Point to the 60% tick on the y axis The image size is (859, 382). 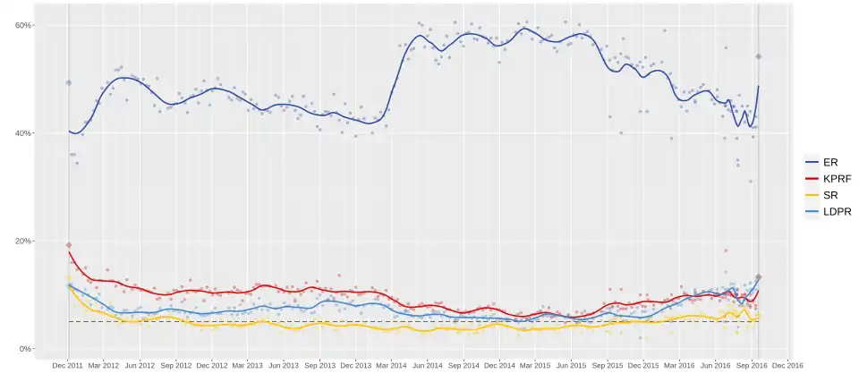point(24,25)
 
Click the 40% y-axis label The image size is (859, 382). point(24,133)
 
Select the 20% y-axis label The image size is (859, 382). point(24,241)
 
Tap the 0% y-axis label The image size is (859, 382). point(27,349)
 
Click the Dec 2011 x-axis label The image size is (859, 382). point(68,365)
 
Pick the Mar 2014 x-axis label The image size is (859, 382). point(392,365)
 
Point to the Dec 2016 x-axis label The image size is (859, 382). point(787,365)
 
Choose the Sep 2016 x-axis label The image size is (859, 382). point(752,365)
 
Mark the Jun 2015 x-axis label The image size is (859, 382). point(572,365)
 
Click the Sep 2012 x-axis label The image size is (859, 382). point(176,365)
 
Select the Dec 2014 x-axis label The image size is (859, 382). point(500,365)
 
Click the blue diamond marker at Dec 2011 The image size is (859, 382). point(68,82)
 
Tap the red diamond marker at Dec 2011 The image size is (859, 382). point(68,245)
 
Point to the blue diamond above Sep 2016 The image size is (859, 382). point(758,56)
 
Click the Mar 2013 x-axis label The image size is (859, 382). point(248,365)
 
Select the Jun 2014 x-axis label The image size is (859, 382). point(428,365)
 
